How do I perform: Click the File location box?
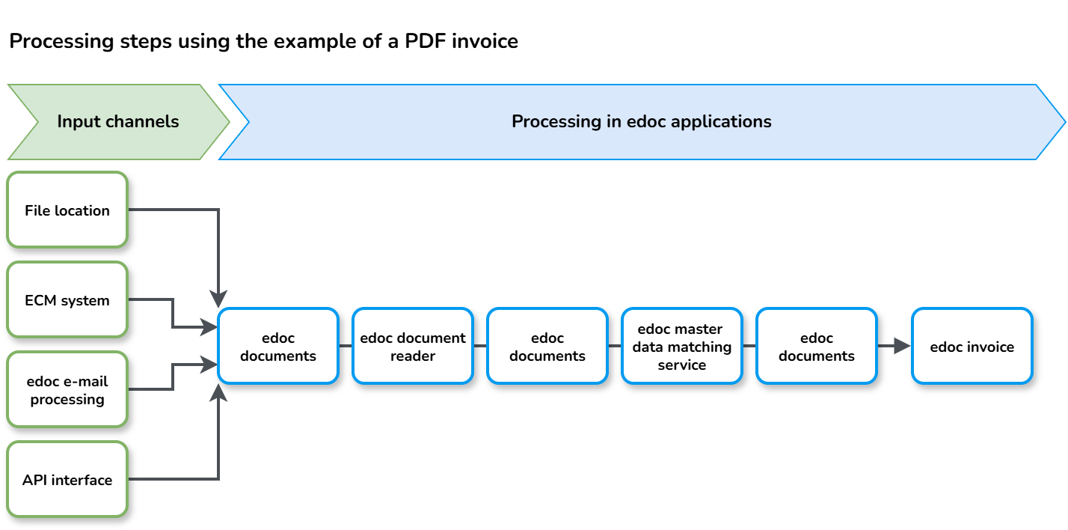point(67,210)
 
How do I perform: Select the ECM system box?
point(67,300)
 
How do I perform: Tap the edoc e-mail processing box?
point(67,390)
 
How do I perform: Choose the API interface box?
point(67,480)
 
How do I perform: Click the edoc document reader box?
point(413,347)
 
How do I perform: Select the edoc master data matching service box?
point(682,347)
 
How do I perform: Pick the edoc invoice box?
point(972,347)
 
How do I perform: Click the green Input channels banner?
point(118,122)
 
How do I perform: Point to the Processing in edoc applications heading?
point(641,121)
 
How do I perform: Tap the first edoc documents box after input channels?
point(278,347)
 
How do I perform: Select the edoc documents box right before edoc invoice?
point(816,347)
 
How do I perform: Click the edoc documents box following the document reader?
point(547,347)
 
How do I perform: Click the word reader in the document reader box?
point(413,356)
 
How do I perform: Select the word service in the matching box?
point(681,365)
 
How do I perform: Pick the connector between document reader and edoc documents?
point(480,347)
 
